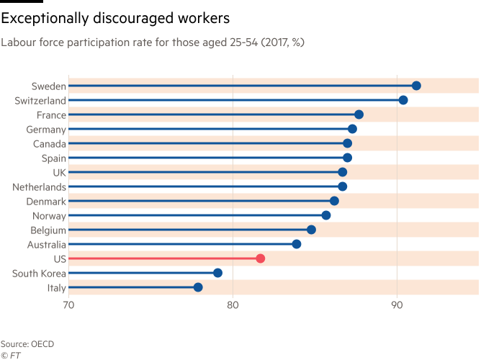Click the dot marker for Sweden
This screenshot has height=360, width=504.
[416, 86]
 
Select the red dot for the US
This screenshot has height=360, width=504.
[260, 258]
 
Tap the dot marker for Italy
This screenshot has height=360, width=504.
[198, 287]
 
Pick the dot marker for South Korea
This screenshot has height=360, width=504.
[217, 273]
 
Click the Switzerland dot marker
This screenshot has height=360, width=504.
[403, 100]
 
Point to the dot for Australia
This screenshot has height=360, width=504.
[296, 244]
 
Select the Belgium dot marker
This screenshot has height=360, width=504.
[311, 230]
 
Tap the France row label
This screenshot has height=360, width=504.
[51, 115]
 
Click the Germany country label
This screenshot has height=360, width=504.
[46, 130]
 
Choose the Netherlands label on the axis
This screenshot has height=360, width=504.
[40, 187]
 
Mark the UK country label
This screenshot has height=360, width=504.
[59, 173]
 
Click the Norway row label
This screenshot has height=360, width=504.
[49, 216]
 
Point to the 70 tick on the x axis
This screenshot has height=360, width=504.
[68, 305]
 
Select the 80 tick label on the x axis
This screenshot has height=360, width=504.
[233, 305]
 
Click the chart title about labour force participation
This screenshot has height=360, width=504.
[152, 42]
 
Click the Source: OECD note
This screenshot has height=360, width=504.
[27, 344]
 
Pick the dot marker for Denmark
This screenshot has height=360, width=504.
[334, 201]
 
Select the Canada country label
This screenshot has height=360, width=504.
[49, 144]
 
